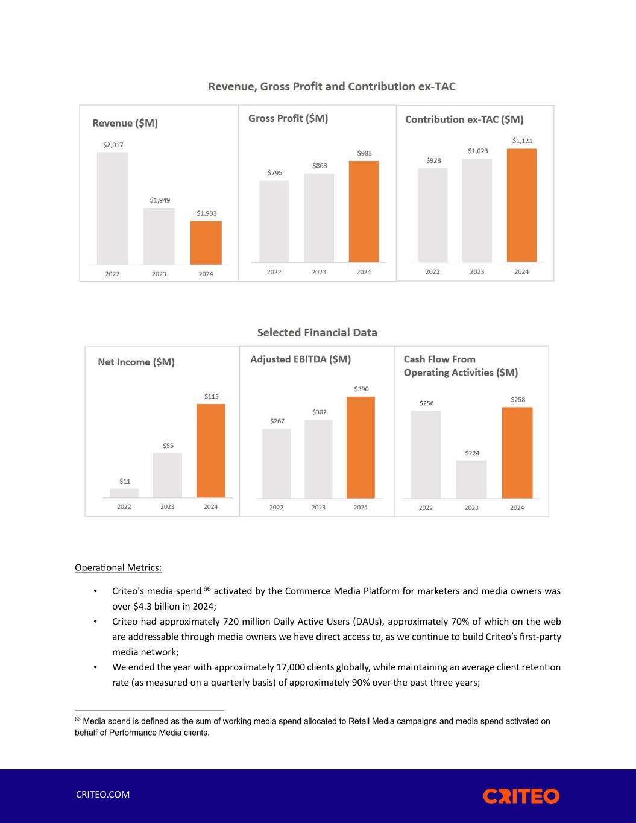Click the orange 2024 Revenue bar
click(206, 242)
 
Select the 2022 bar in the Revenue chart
click(112, 208)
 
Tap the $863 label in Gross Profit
click(320, 165)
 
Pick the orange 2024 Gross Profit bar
click(364, 211)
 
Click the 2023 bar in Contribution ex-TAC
click(477, 210)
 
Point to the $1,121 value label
click(522, 141)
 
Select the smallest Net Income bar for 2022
click(124, 493)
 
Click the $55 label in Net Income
click(168, 446)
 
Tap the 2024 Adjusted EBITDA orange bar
click(361, 447)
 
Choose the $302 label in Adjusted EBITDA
click(319, 412)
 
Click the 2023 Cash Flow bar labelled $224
click(471, 479)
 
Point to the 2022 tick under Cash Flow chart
click(426, 508)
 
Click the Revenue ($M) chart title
click(125, 123)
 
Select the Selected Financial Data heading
click(317, 332)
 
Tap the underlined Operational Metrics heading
click(118, 567)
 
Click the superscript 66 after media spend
click(207, 588)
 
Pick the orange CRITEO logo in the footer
click(521, 796)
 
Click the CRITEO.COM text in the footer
click(102, 794)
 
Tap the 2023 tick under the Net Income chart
click(168, 507)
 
